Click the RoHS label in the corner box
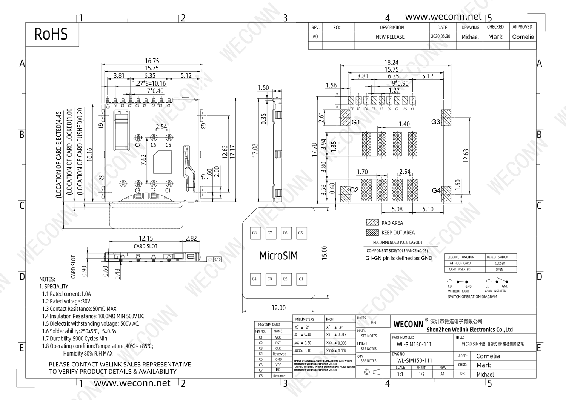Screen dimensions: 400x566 pos(51,34)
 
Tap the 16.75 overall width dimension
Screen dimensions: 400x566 pos(152,61)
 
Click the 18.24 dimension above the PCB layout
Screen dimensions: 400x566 pos(391,62)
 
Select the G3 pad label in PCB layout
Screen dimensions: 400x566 pos(435,122)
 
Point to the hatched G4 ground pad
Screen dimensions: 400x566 pos(447,194)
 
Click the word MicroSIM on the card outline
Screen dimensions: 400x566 pos(278,256)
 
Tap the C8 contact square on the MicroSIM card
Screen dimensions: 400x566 pos(254,233)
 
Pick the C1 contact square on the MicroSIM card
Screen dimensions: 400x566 pos(301,279)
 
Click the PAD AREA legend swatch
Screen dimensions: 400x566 pos(372,222)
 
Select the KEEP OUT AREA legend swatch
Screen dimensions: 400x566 pos(372,232)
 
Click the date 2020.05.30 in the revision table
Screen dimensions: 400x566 pos(441,37)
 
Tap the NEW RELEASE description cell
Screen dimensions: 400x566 pos(390,37)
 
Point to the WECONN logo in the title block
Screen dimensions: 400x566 pos(408,324)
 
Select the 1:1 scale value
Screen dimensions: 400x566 pos(400,374)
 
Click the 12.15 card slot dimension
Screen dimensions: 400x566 pos(146,238)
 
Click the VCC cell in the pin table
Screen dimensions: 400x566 pos(278,337)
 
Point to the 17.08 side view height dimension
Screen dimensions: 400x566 pos(255,150)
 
